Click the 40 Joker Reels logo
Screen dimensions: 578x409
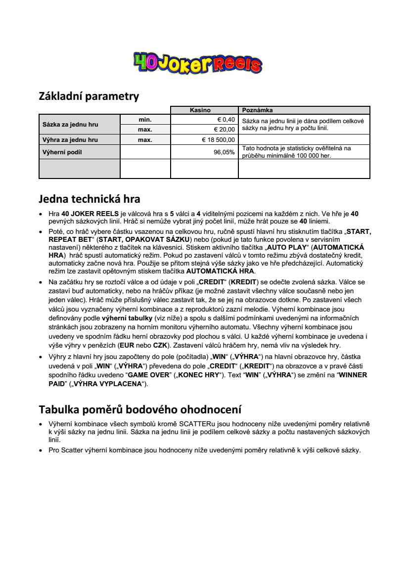pos(197,63)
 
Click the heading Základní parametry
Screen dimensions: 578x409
pos(89,96)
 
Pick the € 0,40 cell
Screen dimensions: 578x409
pos(226,119)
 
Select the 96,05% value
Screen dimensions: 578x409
pos(224,152)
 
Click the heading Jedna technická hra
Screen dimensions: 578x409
pos(89,199)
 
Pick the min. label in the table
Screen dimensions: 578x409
pos(145,119)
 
